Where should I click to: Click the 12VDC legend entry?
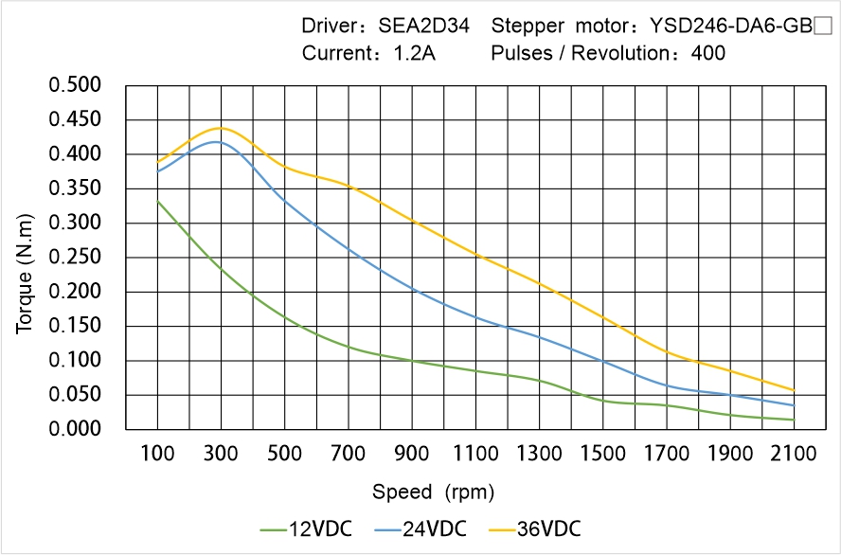click(x=306, y=528)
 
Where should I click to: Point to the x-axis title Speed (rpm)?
click(x=433, y=492)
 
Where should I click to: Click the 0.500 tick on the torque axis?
click(x=75, y=85)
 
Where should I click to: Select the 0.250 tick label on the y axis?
click(x=75, y=258)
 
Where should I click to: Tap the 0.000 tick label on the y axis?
click(x=75, y=429)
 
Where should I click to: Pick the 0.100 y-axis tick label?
click(x=75, y=361)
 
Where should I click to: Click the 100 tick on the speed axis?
click(x=157, y=455)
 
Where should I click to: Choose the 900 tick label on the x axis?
click(x=412, y=455)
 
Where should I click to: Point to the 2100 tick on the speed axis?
click(x=794, y=455)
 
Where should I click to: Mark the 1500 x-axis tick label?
click(x=602, y=455)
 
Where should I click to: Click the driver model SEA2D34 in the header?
click(x=423, y=26)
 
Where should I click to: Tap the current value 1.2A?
click(x=415, y=53)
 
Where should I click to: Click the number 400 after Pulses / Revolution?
click(x=708, y=53)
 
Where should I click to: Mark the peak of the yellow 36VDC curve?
click(x=221, y=128)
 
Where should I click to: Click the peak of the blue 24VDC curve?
click(x=217, y=142)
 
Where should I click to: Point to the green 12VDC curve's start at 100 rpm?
click(x=157, y=201)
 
